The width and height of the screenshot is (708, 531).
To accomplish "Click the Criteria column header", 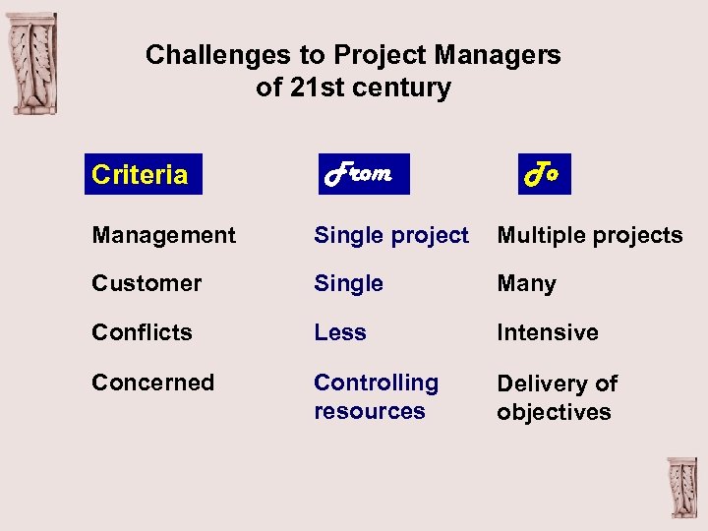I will click(141, 175).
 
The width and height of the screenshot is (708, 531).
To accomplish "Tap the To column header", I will click(542, 174).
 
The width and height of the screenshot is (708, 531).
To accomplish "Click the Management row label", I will click(163, 235).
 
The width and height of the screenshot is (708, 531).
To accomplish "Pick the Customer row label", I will click(147, 283).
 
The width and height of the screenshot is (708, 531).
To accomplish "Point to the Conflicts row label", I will click(142, 332).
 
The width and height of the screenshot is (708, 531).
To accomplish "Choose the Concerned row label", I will click(152, 383).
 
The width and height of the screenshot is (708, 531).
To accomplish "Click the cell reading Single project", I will click(391, 235).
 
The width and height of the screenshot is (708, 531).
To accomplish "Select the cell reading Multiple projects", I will click(589, 235).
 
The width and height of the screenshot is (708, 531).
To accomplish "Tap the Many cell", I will click(526, 284).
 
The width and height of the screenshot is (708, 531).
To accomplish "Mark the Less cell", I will click(340, 332).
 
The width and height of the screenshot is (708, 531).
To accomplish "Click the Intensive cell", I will click(547, 332).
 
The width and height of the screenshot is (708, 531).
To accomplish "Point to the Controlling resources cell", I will click(376, 396).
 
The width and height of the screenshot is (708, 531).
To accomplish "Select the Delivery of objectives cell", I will click(557, 397).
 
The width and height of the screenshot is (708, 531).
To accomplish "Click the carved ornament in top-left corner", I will click(32, 64).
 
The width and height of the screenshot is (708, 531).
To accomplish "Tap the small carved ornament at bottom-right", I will click(680, 488).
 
